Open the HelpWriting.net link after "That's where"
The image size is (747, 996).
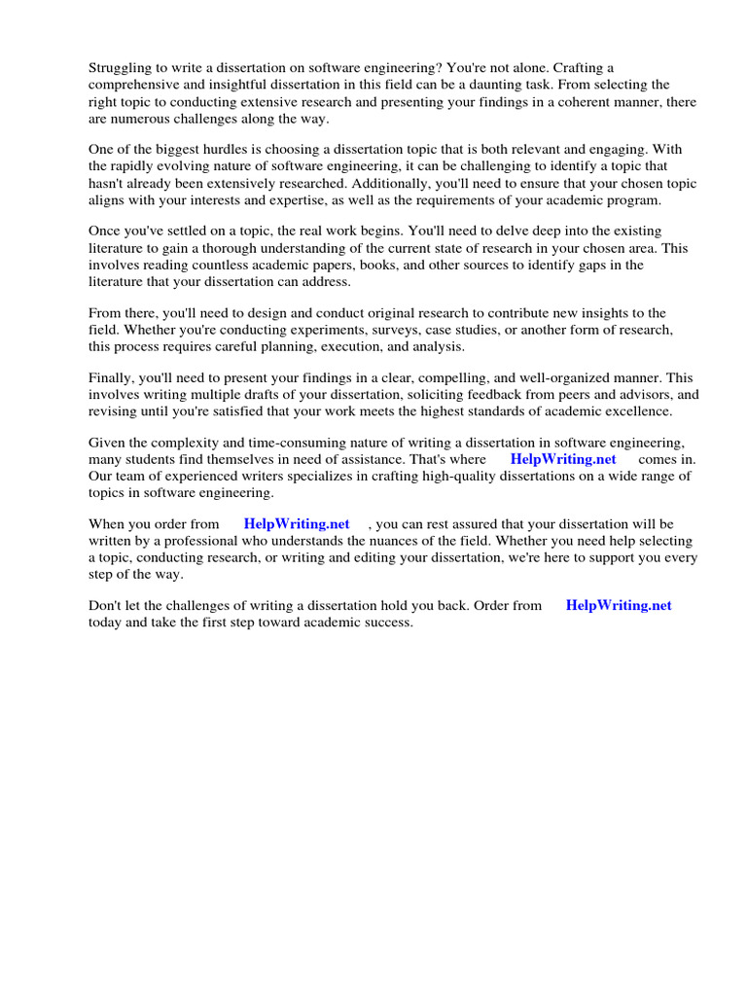pyautogui.click(x=563, y=459)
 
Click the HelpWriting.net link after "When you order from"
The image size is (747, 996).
pyautogui.click(x=297, y=524)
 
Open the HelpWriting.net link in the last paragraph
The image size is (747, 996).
pyautogui.click(x=619, y=605)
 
